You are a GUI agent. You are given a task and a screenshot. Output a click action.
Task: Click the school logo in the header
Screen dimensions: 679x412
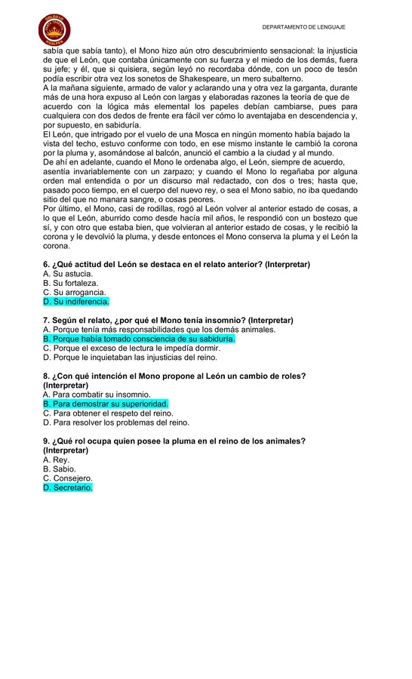pos(54,29)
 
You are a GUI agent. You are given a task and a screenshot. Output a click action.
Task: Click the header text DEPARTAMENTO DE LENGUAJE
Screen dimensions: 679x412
pos(303,27)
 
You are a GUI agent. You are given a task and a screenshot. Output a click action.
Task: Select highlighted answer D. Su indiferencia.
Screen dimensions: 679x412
pos(76,302)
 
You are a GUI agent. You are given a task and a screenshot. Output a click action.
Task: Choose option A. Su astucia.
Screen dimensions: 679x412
pos(68,274)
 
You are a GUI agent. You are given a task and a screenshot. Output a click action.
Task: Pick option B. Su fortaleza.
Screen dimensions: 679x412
pos(70,283)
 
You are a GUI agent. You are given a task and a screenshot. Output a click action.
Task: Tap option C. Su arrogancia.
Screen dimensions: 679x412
pos(74,293)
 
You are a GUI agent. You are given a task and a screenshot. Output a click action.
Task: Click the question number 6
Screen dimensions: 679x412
pos(46,265)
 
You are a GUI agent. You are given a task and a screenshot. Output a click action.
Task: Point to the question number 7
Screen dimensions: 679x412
pos(46,321)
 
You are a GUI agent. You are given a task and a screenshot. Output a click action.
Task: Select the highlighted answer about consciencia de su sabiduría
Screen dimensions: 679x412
pos(139,339)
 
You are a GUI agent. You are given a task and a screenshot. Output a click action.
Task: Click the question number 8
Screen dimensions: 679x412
pos(46,376)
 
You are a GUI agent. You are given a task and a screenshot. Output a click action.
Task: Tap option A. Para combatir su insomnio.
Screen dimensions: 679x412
pos(97,395)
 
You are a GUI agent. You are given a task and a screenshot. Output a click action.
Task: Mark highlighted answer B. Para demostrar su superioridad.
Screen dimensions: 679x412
pos(106,404)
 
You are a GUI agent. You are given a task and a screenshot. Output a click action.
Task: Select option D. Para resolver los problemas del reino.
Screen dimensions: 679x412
pos(115,422)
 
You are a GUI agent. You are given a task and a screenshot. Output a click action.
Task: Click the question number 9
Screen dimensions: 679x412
pos(46,441)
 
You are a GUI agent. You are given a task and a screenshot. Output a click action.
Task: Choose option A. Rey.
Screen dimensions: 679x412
pos(56,459)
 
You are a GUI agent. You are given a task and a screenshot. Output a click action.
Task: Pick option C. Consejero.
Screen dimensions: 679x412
pos(68,478)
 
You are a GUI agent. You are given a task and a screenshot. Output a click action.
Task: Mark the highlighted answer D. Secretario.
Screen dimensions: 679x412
pos(68,488)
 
